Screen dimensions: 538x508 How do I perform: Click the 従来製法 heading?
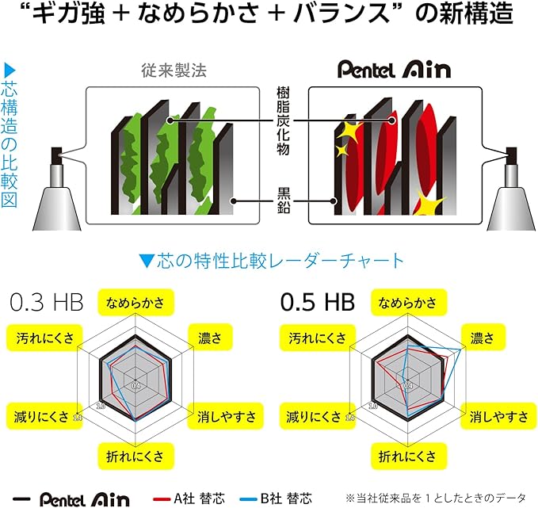pos(174,71)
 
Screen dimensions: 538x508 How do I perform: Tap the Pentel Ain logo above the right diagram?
pos(395,69)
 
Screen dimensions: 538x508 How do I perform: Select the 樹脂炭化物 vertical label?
pos(283,120)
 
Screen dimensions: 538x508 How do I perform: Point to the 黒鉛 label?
pos(284,201)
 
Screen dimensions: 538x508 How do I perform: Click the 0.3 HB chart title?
pos(47,302)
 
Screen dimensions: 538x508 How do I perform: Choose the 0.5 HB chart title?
pos(318,302)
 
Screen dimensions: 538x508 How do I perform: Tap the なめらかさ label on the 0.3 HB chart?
pos(135,303)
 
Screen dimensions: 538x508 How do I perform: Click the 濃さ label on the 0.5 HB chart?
pos(483,338)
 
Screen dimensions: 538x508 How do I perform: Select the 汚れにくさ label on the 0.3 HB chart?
pos(44,338)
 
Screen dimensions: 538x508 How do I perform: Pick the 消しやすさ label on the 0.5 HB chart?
pos(499,416)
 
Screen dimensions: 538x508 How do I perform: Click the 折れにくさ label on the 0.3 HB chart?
pos(135,456)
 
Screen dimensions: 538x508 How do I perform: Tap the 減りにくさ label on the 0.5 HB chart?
pos(315,416)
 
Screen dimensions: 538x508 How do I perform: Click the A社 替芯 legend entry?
pos(189,498)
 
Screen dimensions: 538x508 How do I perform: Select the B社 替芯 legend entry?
pos(276,498)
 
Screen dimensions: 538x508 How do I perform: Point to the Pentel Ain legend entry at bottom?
pos(71,499)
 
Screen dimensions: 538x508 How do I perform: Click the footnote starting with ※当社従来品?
pos(436,498)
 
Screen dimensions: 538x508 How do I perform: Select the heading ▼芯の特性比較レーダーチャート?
pos(272,261)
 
